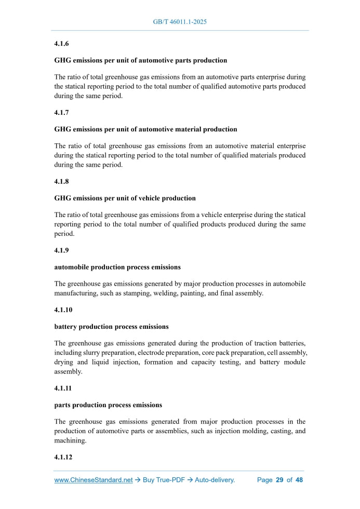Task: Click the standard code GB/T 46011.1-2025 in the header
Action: (180, 22)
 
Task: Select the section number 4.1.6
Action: (61, 45)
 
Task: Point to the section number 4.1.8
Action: (61, 182)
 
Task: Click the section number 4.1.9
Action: (61, 250)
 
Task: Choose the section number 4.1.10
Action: (63, 310)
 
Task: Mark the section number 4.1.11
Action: (63, 387)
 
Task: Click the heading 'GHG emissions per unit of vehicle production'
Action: (125, 198)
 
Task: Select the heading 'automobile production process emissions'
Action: (117, 267)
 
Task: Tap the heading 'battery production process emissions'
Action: (111, 326)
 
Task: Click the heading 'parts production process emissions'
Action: (108, 405)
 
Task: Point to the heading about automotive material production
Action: (145, 129)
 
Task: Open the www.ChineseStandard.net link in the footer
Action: (94, 480)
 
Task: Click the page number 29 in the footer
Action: (279, 480)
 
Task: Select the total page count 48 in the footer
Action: (299, 480)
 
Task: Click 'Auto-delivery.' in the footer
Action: (215, 480)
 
